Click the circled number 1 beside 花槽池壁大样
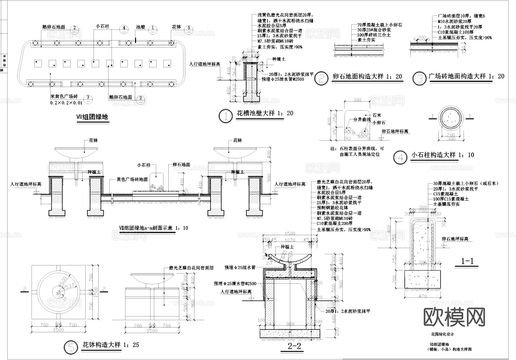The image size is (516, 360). pyautogui.click(x=226, y=116)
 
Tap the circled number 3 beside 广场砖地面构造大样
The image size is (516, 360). pyautogui.click(x=420, y=79)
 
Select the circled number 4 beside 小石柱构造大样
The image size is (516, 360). pyautogui.click(x=400, y=157)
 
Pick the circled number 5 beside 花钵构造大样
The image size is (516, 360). pyautogui.click(x=71, y=347)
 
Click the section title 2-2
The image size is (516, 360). pyautogui.click(x=295, y=346)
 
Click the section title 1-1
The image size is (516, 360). pyautogui.click(x=467, y=261)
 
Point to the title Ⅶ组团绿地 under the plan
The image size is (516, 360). pyautogui.click(x=92, y=117)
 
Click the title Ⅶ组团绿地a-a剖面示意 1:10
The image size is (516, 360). pyautogui.click(x=153, y=228)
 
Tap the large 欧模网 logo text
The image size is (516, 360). pyautogui.click(x=454, y=317)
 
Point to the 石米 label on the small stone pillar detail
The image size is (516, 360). pyautogui.click(x=377, y=115)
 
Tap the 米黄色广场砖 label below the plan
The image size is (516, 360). pyautogui.click(x=64, y=97)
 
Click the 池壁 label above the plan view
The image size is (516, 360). pyautogui.click(x=140, y=27)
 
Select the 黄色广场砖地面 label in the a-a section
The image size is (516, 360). pyautogui.click(x=132, y=179)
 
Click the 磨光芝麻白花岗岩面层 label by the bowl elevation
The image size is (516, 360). pyautogui.click(x=191, y=268)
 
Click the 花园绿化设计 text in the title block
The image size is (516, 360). pyautogui.click(x=443, y=334)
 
